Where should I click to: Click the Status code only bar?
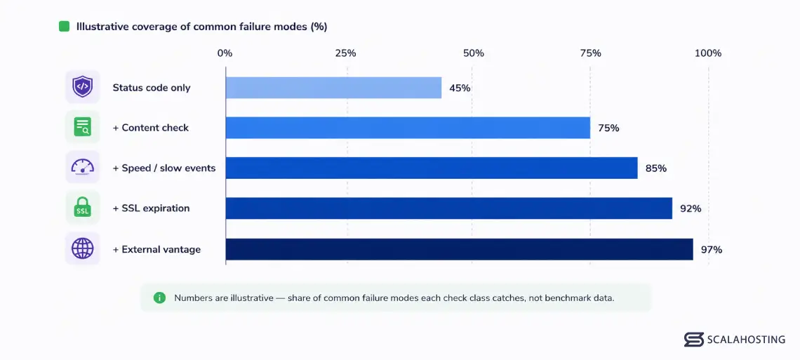click(333, 88)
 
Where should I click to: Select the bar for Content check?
click(408, 128)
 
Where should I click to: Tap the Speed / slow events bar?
click(432, 168)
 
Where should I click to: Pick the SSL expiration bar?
click(449, 208)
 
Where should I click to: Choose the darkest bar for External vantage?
click(460, 249)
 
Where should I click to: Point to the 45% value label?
click(460, 88)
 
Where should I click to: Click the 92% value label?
click(691, 208)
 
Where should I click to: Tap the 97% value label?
click(711, 250)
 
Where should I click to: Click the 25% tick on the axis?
click(345, 53)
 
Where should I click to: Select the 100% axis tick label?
click(708, 53)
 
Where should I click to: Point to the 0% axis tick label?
click(225, 53)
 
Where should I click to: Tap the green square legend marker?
click(65, 27)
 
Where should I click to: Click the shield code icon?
click(82, 87)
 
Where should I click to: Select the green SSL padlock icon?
click(82, 208)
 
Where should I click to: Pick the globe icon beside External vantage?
click(82, 248)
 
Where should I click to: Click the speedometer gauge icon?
click(82, 167)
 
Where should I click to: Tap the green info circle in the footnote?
click(160, 298)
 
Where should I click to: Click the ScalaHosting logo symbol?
click(694, 340)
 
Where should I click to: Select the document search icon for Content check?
click(82, 126)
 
